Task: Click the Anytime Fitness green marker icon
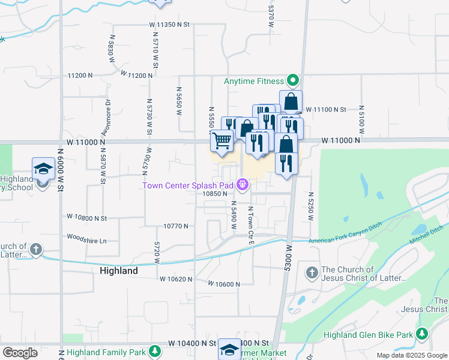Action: coord(293,80)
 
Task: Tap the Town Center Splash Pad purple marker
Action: coord(243,185)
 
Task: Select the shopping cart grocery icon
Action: coord(221,141)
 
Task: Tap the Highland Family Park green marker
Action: coord(155,350)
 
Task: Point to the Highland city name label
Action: coord(118,271)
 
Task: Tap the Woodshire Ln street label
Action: coord(86,240)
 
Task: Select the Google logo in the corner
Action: coord(20,353)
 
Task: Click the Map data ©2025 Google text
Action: coord(411,355)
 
